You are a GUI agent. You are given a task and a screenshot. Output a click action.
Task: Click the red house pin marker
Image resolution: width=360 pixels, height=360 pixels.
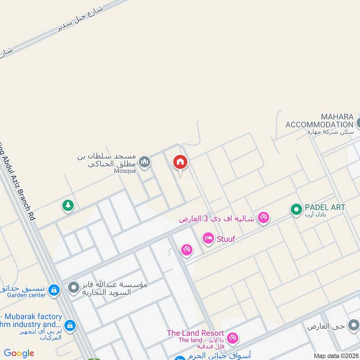[180, 162]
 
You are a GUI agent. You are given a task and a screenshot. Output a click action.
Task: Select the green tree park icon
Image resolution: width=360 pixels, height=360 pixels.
[67, 206]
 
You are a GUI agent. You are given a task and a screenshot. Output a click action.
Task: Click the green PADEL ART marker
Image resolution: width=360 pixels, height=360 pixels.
[296, 209]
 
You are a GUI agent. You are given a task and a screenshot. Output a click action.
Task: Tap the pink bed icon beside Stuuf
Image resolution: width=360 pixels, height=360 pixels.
[208, 238]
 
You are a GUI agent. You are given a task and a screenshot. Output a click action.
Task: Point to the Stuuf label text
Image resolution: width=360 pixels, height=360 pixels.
[226, 238]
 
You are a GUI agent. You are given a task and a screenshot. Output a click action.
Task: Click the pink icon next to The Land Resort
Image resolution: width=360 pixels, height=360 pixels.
[232, 338]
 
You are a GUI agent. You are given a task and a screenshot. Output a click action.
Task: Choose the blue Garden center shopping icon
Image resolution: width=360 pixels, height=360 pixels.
[54, 290]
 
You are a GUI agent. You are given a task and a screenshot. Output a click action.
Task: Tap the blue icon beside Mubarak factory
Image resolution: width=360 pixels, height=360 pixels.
[70, 325]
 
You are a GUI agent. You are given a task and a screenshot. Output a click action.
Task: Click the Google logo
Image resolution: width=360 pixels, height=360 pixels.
[19, 353]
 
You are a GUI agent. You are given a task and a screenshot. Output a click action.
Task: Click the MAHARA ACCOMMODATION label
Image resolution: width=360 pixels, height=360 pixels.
[319, 121]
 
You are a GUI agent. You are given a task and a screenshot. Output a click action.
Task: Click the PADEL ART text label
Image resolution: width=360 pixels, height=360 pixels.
[325, 207]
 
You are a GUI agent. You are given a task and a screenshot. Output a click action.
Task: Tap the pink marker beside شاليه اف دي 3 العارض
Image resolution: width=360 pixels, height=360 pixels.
[264, 217]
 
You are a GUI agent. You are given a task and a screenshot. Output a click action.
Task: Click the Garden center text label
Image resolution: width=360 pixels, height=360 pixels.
[27, 295]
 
